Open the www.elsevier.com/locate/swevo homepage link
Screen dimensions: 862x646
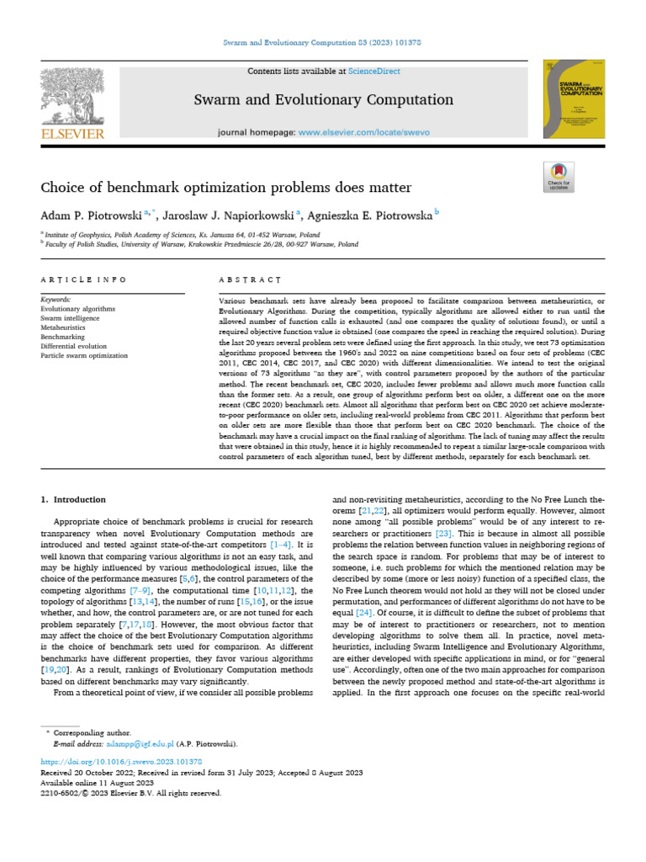click(x=363, y=133)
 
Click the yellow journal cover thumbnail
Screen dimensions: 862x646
click(x=574, y=98)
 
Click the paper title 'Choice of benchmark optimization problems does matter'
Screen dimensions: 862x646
click(x=226, y=187)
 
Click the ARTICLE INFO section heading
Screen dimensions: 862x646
click(x=84, y=279)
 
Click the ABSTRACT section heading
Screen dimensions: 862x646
click(x=249, y=279)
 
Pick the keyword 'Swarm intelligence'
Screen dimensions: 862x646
click(x=70, y=318)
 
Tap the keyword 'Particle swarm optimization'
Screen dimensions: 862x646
click(x=84, y=355)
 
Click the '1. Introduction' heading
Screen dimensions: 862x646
click(x=74, y=499)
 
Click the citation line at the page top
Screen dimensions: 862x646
click(x=322, y=42)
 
